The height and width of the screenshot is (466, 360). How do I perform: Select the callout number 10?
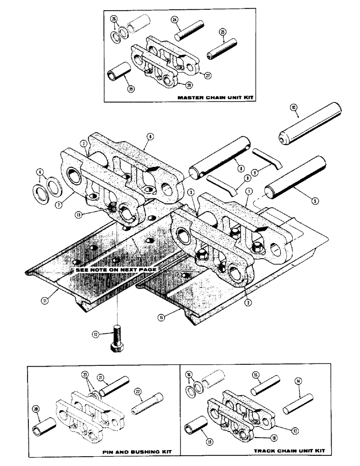tap(294, 107)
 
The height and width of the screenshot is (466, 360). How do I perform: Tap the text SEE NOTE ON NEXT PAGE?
tap(116, 270)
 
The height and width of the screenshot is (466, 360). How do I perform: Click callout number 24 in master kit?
tap(174, 20)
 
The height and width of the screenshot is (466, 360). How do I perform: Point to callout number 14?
tap(298, 381)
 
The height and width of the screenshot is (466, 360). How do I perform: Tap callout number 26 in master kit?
tap(113, 19)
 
